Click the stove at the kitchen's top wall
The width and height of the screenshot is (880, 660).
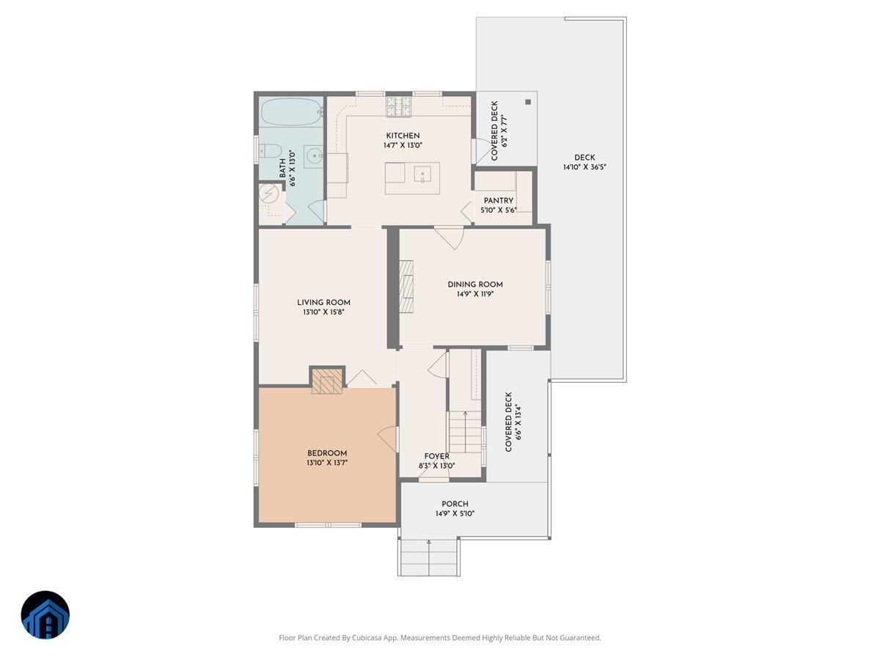pos(399,108)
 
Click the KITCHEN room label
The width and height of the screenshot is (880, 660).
pos(403,136)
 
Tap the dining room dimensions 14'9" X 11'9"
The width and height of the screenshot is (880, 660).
pos(475,295)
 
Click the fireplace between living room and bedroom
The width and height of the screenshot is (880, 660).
pos(327,381)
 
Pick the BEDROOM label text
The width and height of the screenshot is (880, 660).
pos(327,453)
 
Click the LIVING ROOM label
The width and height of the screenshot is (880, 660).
pos(323,302)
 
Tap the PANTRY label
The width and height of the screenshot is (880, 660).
pos(498,201)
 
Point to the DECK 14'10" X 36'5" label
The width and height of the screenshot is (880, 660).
pos(584,162)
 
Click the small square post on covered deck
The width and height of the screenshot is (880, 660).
pos(527,102)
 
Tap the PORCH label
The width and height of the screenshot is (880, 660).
pos(455,504)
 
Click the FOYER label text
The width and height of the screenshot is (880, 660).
pos(436,456)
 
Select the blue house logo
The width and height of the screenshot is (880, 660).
pos(45,615)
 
